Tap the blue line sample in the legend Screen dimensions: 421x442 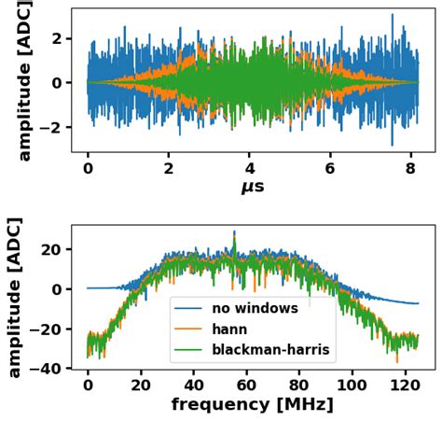[193, 308]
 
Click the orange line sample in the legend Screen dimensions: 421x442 [193, 330]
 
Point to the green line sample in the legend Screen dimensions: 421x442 [193, 351]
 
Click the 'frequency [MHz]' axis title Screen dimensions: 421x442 [251, 405]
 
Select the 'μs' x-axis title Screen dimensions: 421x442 [252, 187]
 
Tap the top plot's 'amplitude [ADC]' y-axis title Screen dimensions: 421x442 [25, 80]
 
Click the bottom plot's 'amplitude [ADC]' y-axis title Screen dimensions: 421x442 [15, 299]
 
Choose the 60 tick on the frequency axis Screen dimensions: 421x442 [246, 384]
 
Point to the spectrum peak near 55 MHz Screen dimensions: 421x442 [234, 233]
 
